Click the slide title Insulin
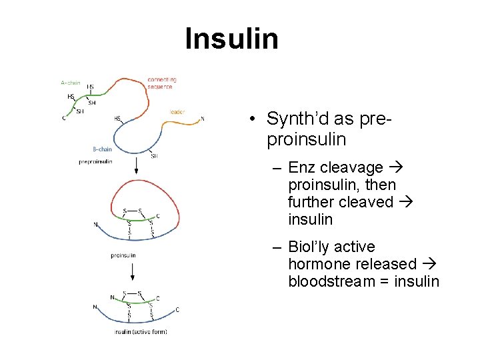(x=231, y=39)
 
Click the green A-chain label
(x=70, y=83)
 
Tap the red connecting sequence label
(x=161, y=83)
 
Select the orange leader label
(x=177, y=111)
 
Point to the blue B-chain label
(x=102, y=149)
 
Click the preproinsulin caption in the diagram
(x=95, y=161)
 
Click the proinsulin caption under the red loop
(x=123, y=255)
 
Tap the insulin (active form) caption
(x=141, y=331)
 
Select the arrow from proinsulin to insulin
(x=133, y=270)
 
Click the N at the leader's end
(x=203, y=120)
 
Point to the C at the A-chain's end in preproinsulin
(x=64, y=119)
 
